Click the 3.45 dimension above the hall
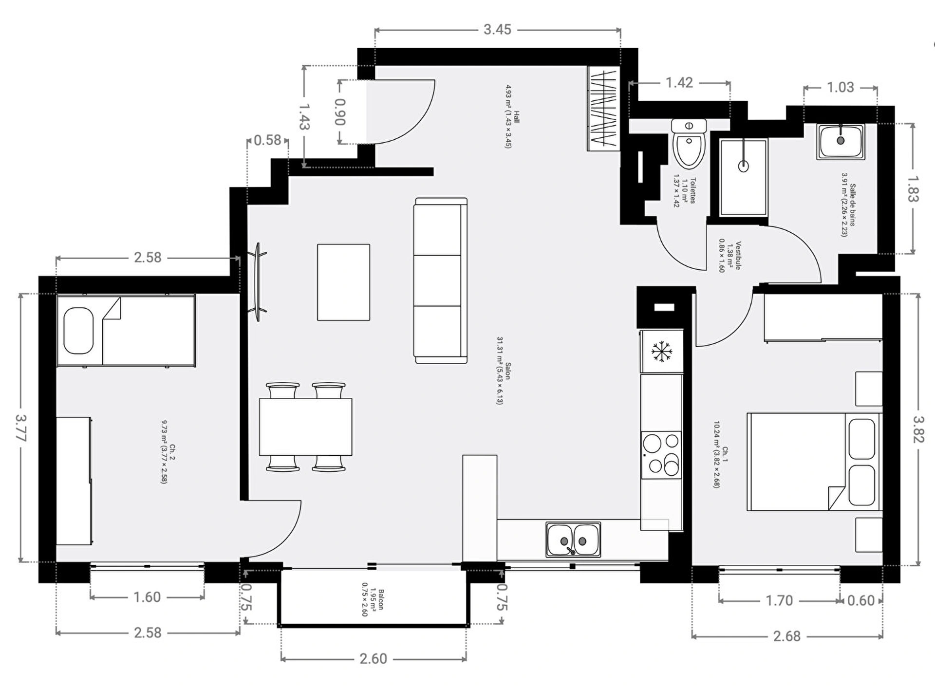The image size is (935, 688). click(497, 30)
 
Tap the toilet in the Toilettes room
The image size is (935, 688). click(689, 143)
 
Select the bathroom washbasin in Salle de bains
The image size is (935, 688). click(841, 141)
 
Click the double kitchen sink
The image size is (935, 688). click(573, 539)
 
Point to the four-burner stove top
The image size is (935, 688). click(661, 455)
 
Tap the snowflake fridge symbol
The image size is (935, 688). click(662, 351)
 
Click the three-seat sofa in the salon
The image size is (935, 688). click(441, 280)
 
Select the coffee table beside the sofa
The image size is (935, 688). click(343, 282)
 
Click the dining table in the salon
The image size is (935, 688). click(305, 427)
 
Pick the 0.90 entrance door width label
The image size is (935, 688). click(340, 112)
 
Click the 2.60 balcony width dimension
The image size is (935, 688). click(373, 659)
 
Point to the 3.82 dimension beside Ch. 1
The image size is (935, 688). click(918, 429)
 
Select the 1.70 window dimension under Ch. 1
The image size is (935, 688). click(779, 600)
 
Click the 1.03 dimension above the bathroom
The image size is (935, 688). click(841, 88)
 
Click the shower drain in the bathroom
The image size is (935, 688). click(743, 166)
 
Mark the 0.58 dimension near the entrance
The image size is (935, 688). click(267, 140)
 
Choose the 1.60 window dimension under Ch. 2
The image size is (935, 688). click(147, 597)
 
